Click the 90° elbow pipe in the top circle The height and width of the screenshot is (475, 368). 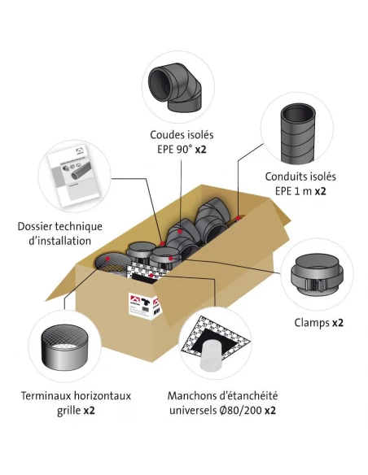(175, 88)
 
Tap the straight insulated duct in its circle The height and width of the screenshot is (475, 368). (298, 133)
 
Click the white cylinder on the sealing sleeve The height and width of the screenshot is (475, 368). (212, 355)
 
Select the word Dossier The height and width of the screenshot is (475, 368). (35, 227)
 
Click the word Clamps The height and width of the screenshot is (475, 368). (312, 323)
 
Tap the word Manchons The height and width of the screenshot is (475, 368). (187, 396)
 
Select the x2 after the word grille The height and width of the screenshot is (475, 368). (89, 411)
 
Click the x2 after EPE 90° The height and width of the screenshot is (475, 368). (200, 150)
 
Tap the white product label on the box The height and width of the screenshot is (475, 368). (145, 305)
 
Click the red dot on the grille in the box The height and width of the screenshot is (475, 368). (107, 259)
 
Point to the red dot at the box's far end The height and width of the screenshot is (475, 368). (239, 218)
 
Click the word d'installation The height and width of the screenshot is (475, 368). (59, 242)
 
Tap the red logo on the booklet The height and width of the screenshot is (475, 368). (80, 150)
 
